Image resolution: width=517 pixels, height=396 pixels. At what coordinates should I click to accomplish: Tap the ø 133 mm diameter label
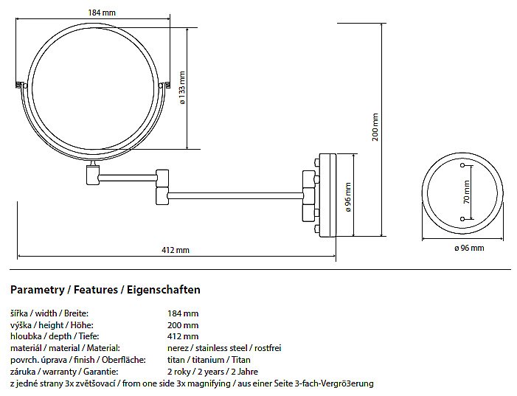point(182,92)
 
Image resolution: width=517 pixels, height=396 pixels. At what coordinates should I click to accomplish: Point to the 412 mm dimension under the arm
point(176,250)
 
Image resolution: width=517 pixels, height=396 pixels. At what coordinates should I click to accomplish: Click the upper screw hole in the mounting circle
point(463,168)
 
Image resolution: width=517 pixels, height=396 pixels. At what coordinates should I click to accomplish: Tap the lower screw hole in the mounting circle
point(463,219)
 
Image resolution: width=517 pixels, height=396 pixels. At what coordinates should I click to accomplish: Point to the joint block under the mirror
point(91,175)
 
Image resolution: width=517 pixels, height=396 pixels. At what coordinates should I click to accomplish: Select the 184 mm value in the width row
point(183,313)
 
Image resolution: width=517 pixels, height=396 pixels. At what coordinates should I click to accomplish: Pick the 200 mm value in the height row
point(183,325)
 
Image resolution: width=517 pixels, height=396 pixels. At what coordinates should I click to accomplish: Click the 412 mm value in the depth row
point(183,336)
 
